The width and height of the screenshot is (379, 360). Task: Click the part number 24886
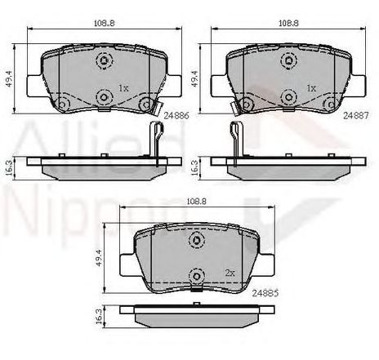click(176, 116)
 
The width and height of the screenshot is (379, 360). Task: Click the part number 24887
click(355, 116)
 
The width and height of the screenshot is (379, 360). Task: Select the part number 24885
click(265, 293)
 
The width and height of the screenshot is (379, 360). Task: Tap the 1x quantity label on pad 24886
click(123, 88)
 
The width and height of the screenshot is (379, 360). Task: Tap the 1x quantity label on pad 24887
click(311, 88)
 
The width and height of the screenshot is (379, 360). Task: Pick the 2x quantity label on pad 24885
click(230, 273)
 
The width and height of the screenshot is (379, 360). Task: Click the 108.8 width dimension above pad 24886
click(105, 23)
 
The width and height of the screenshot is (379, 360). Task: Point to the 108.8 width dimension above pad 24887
click(288, 23)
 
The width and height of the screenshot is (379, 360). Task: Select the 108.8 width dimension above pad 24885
click(197, 202)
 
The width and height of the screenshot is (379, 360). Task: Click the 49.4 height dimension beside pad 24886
click(10, 78)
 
